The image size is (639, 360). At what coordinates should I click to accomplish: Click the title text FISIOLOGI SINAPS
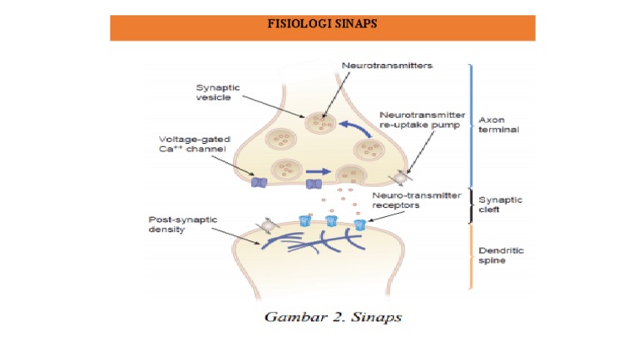click(x=322, y=24)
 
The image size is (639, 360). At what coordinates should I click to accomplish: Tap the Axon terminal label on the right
click(x=498, y=125)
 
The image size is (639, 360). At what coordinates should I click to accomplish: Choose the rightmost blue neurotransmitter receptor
click(x=359, y=224)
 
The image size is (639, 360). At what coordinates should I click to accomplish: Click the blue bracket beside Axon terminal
click(x=472, y=125)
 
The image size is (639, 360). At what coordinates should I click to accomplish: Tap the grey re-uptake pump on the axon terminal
click(x=402, y=177)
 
